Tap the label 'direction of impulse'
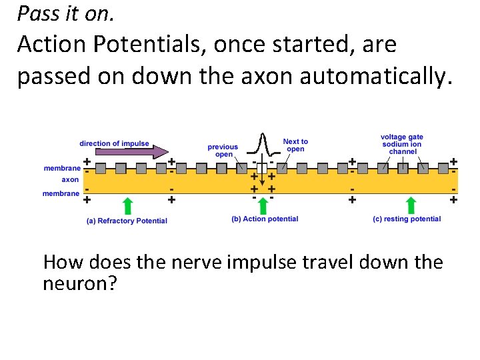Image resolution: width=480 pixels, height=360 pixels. click(x=114, y=143)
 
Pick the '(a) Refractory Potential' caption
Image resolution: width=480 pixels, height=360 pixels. click(x=127, y=221)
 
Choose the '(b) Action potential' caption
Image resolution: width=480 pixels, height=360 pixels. click(x=265, y=219)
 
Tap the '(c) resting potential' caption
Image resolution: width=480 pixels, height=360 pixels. click(x=407, y=219)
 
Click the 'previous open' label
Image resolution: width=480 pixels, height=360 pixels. click(x=223, y=151)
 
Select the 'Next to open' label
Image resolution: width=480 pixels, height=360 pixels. click(x=295, y=145)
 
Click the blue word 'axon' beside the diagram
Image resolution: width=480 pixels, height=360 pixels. click(x=71, y=180)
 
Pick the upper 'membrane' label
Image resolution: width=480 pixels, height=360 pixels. click(x=62, y=169)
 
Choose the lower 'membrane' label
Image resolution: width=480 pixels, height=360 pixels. click(x=62, y=193)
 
